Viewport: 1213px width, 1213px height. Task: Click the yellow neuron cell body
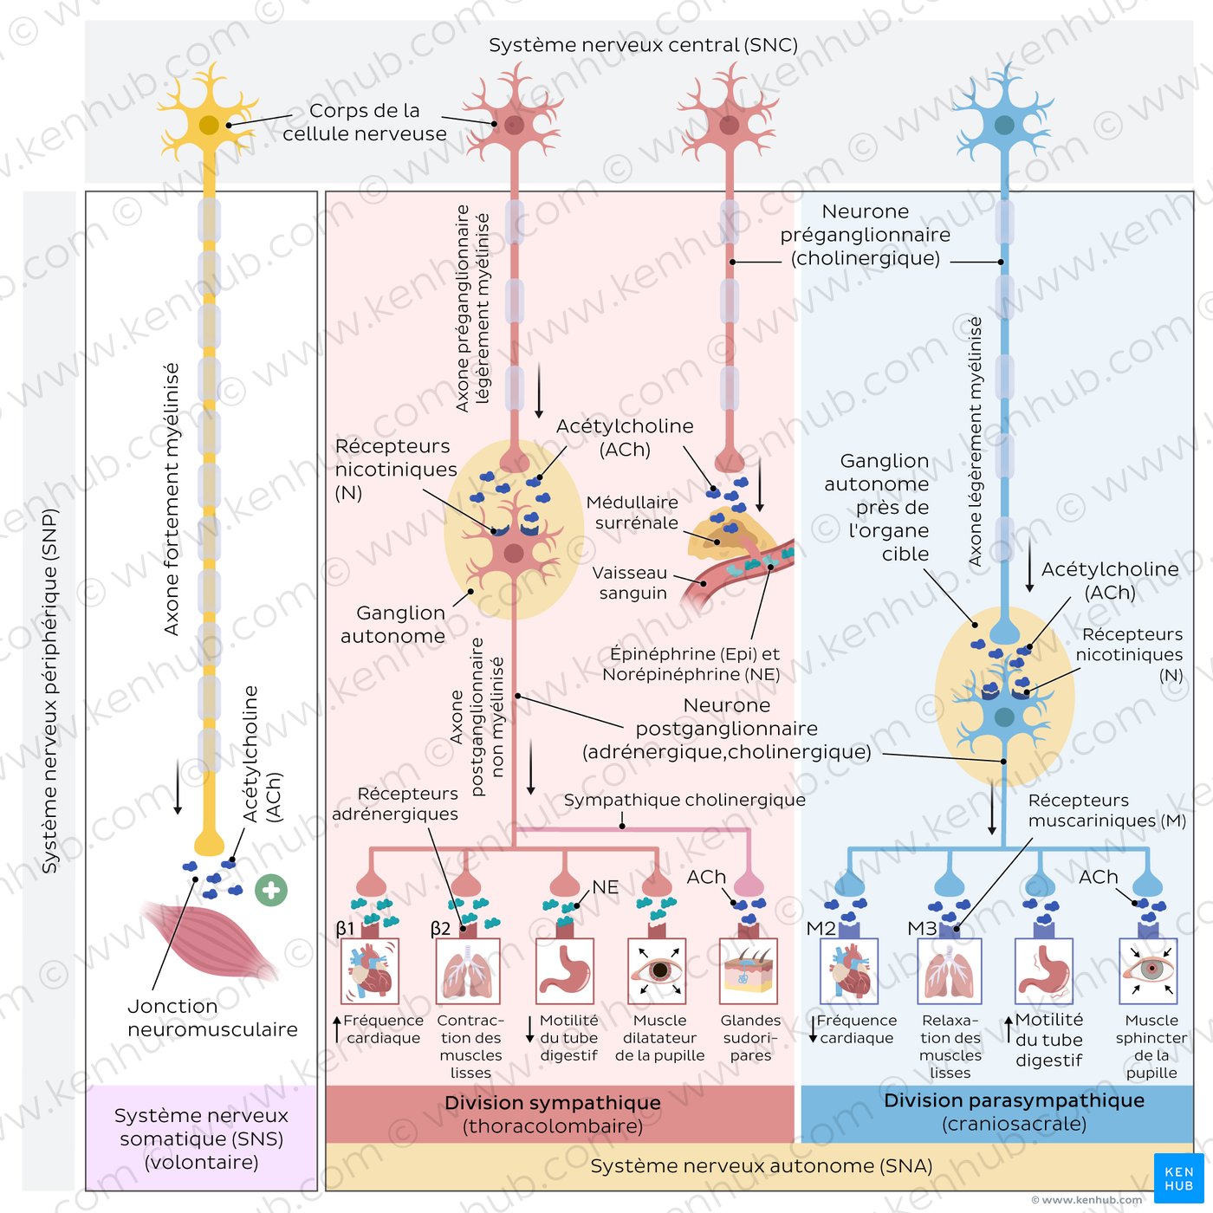point(209,126)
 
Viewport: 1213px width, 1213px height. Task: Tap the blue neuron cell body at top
point(1004,126)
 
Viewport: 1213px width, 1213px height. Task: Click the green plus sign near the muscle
point(271,890)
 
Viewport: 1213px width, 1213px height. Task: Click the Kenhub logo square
point(1178,1178)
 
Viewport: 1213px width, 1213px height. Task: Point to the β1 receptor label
point(345,929)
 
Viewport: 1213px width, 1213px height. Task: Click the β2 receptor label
point(440,929)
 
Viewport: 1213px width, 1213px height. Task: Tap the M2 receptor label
point(821,929)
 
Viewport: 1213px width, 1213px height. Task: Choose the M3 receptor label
point(922,929)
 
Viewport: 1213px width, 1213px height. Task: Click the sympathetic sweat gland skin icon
point(749,971)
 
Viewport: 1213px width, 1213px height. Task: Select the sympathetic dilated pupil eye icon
point(658,971)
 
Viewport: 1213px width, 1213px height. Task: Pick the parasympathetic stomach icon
point(1044,971)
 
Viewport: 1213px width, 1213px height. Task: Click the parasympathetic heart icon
point(849,971)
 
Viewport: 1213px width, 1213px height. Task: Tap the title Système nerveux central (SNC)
point(643,45)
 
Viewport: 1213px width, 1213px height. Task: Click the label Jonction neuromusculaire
point(212,1018)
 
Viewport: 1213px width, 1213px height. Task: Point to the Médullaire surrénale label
point(632,512)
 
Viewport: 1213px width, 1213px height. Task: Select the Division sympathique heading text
point(553,1103)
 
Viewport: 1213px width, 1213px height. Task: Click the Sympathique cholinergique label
point(684,800)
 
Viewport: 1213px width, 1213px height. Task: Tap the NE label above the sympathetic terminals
point(606,887)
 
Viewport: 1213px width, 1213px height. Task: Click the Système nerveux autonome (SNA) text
point(761,1166)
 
